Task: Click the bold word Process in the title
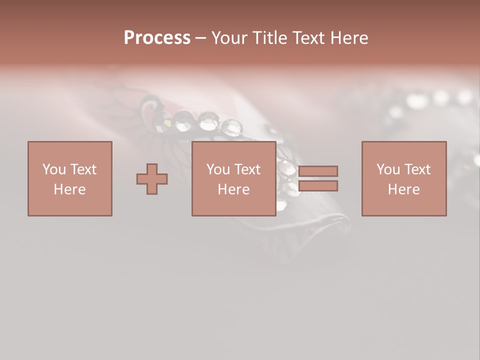pyautogui.click(x=157, y=38)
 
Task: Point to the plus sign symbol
pyautogui.click(x=152, y=179)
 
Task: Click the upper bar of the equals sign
pyautogui.click(x=318, y=171)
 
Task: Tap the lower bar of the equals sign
pyautogui.click(x=318, y=186)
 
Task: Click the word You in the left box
pyautogui.click(x=54, y=169)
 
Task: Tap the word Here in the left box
pyautogui.click(x=69, y=189)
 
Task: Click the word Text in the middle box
pyautogui.click(x=247, y=169)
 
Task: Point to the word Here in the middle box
pyautogui.click(x=233, y=189)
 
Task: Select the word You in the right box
pyautogui.click(x=388, y=169)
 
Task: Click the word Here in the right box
pyautogui.click(x=403, y=189)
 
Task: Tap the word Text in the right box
pyautogui.click(x=417, y=169)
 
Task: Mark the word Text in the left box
pyautogui.click(x=83, y=169)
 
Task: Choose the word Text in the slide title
pyautogui.click(x=305, y=38)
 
